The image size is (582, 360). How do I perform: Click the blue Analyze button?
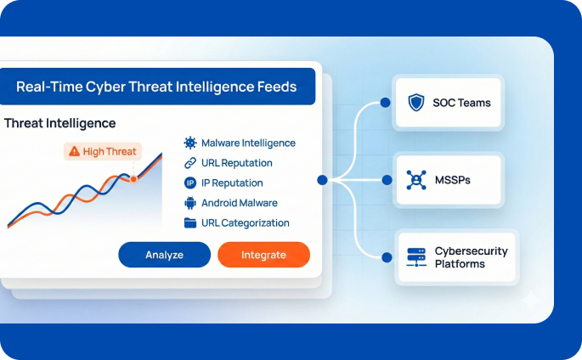(x=164, y=255)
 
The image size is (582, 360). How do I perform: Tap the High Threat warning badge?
(x=102, y=151)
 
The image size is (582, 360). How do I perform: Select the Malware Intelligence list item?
(x=248, y=143)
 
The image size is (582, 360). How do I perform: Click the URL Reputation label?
(x=236, y=163)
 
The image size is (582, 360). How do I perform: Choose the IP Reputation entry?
(x=232, y=183)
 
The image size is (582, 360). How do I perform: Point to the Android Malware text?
(x=239, y=203)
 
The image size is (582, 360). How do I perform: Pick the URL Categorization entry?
(x=245, y=222)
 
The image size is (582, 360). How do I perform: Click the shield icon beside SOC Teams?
(x=415, y=104)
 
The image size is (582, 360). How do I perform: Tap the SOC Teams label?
(x=461, y=104)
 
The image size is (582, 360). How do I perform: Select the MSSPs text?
(x=451, y=181)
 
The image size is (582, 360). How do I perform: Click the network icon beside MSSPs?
(x=415, y=181)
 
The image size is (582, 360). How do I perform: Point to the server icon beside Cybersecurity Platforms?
(x=415, y=257)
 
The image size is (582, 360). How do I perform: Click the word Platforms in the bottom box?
(x=460, y=264)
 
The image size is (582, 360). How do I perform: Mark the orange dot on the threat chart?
(x=133, y=178)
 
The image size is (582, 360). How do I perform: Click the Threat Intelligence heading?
(x=59, y=123)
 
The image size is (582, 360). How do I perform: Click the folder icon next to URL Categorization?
(x=190, y=222)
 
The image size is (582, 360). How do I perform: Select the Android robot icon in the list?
(x=190, y=203)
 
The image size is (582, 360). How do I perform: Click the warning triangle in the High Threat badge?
(x=75, y=151)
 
